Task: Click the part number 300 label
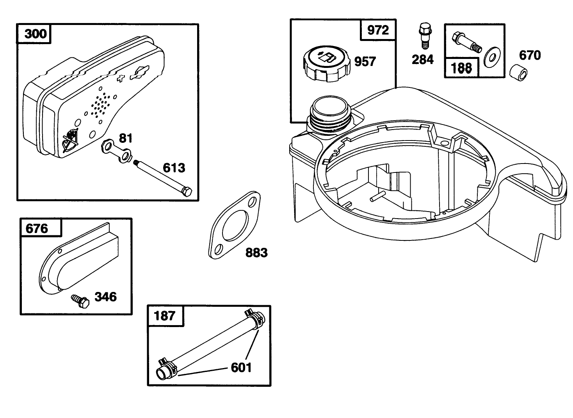point(36,34)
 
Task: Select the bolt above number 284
point(425,36)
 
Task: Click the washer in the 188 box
point(492,58)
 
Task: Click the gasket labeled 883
point(235,225)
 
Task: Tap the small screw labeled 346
point(80,301)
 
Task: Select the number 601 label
point(241,368)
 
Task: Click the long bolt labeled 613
point(163,178)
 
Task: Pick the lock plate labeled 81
point(117,151)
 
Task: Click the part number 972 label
point(378,30)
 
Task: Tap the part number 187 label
point(164,316)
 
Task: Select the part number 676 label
point(37,229)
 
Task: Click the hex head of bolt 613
point(187,192)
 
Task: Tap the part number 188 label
point(461,68)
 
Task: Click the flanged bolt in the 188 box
point(467,42)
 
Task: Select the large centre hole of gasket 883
point(235,225)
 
